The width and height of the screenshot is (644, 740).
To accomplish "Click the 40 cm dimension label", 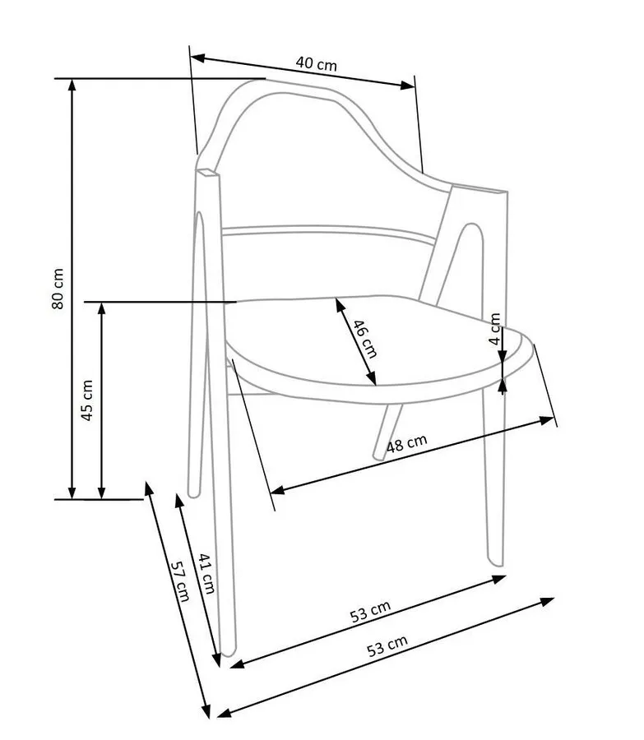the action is coord(317,63).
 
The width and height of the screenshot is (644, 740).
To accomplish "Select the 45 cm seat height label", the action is coord(87,400).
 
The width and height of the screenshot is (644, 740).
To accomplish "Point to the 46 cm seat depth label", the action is coord(365,339).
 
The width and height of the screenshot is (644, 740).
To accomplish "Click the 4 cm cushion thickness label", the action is coord(494,329).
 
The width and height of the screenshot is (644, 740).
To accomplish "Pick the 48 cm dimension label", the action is coord(407,443).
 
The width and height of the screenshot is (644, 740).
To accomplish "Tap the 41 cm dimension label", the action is coord(206,573).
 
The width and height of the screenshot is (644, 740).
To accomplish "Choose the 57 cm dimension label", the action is coord(180,581).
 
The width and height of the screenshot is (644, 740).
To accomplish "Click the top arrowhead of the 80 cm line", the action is coord(72,85).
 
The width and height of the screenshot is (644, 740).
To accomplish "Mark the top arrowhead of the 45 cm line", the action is coord(101,308).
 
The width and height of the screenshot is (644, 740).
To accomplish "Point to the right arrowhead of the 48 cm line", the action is coord(547,420).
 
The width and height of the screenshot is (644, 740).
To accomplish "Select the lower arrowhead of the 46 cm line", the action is coord(372,378).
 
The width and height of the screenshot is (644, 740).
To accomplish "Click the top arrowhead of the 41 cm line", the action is coord(179,501).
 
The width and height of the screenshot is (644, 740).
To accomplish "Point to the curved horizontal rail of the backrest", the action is coord(328,230).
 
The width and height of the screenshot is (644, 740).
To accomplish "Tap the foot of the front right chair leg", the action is coord(496,562).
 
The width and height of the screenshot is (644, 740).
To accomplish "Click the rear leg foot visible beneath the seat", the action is coord(378,456).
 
